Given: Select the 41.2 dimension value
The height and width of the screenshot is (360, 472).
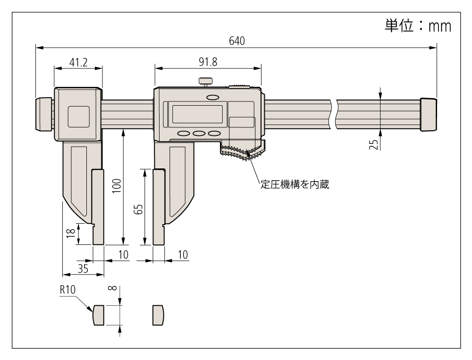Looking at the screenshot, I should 78,62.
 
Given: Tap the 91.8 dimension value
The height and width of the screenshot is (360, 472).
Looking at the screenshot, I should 208,62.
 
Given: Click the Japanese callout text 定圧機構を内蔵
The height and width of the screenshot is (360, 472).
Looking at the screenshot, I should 294,184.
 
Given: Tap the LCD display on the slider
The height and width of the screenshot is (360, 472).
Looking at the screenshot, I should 197,114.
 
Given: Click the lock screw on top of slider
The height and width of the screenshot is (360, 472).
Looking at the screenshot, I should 205,83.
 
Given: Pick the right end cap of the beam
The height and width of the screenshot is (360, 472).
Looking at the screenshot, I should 428,114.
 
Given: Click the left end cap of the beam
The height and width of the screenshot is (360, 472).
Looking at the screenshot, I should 44,114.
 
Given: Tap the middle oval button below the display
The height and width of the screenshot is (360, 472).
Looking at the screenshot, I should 199,134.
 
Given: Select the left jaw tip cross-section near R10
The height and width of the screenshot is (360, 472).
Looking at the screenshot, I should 98,315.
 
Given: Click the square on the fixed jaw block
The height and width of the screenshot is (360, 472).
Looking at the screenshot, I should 78,117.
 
